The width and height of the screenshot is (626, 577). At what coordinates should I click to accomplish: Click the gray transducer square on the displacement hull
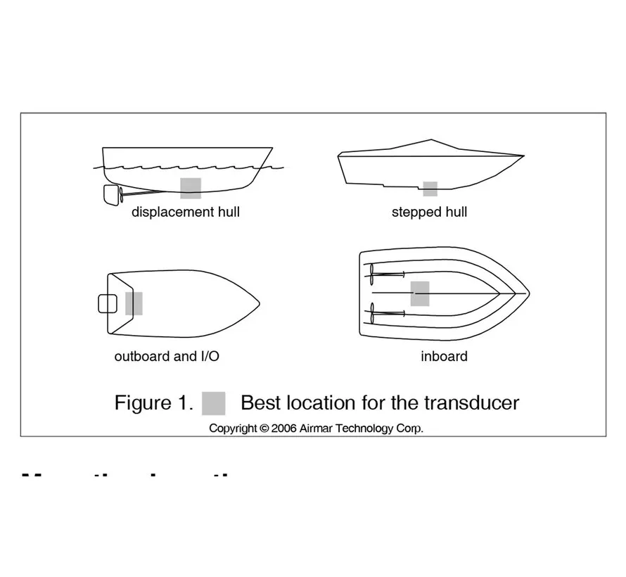click(191, 188)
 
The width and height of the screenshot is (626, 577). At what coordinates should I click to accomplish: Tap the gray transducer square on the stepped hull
click(430, 189)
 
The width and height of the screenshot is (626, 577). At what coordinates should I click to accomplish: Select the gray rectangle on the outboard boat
click(134, 303)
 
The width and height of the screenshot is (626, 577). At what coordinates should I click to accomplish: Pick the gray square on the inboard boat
click(420, 293)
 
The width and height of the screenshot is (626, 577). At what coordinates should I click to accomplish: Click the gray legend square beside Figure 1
click(213, 403)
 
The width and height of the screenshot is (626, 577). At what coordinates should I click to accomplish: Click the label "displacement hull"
click(186, 212)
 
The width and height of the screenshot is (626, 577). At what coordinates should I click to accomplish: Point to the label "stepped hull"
click(429, 212)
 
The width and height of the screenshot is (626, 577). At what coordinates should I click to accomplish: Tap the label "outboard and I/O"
click(167, 356)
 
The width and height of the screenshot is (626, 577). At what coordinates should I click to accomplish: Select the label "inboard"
click(444, 356)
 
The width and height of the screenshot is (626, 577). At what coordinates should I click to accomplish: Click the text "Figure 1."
click(153, 403)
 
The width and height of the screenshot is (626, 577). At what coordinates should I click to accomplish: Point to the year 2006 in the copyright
click(283, 428)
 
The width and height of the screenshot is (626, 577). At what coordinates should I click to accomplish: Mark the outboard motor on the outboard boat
click(107, 303)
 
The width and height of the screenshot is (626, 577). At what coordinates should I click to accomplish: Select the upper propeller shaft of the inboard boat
click(387, 274)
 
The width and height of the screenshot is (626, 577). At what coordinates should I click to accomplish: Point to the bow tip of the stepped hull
click(523, 155)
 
